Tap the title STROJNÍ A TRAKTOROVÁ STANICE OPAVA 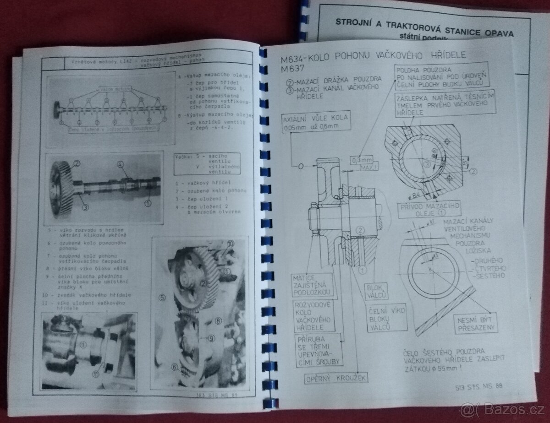click(424, 33)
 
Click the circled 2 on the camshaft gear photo click(77, 163)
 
